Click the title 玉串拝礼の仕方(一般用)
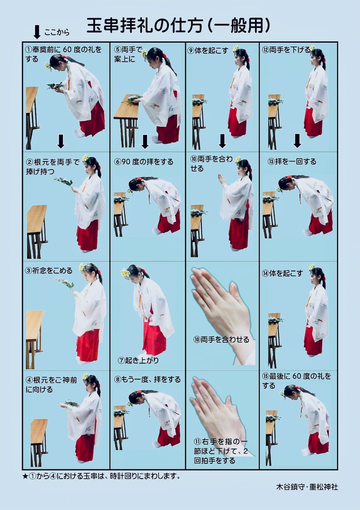[178, 26]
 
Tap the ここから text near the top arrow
[57, 32]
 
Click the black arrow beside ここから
[37, 32]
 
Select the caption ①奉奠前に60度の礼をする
[63, 54]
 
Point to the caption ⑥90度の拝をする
[144, 162]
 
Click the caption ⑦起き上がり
[138, 360]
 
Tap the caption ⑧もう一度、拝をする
[147, 380]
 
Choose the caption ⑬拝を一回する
[292, 162]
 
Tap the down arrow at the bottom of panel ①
[61, 141]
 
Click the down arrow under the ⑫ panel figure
[297, 141]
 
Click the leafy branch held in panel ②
[63, 182]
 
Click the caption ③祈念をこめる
[49, 271]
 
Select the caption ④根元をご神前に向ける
[51, 385]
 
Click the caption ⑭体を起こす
[283, 273]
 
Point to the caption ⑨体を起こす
[208, 50]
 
